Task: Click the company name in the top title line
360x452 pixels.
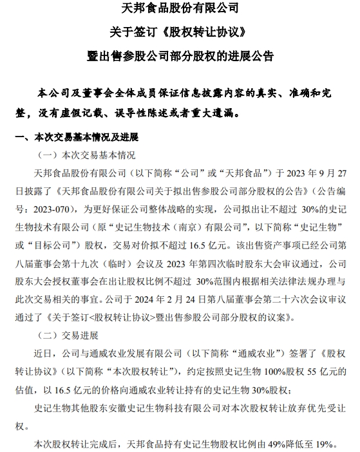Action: pyautogui.click(x=180, y=9)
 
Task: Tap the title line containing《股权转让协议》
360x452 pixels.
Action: pyautogui.click(x=180, y=32)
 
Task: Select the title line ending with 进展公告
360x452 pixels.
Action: pyautogui.click(x=180, y=55)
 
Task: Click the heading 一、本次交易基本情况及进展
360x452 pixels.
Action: pyautogui.click(x=76, y=138)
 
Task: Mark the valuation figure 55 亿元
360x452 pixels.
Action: pyautogui.click(x=330, y=372)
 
